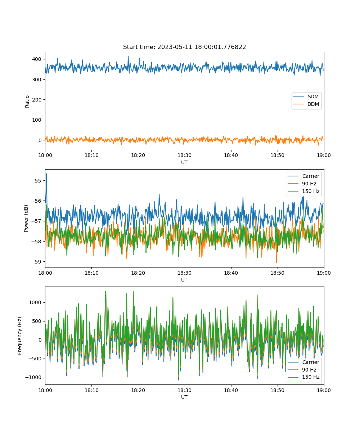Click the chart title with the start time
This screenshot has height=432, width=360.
coord(184,47)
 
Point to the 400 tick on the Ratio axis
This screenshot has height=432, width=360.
coord(37,59)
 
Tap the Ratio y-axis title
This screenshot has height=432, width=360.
coord(27,102)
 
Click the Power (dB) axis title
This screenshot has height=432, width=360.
coord(26,218)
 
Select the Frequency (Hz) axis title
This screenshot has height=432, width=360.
coord(20,336)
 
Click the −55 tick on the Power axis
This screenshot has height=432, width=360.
coord(36,181)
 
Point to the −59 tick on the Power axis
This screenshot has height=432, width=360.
coord(36,262)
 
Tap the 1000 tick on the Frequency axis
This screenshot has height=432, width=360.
coord(35,302)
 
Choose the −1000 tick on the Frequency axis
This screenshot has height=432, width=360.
coord(33,377)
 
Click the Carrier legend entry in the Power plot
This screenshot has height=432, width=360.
coord(303,176)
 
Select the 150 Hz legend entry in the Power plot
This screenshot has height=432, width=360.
coord(303,191)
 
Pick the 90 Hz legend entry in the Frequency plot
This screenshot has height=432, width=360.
coord(302,370)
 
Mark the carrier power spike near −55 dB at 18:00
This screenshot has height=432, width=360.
coord(46,174)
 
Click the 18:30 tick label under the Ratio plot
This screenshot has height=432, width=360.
coord(184,155)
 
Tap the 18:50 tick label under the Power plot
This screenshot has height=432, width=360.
coord(278,273)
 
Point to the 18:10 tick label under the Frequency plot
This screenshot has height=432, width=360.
coord(91,390)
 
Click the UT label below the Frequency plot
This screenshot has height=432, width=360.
coord(184,397)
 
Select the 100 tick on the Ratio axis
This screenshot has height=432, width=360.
coord(37,120)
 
